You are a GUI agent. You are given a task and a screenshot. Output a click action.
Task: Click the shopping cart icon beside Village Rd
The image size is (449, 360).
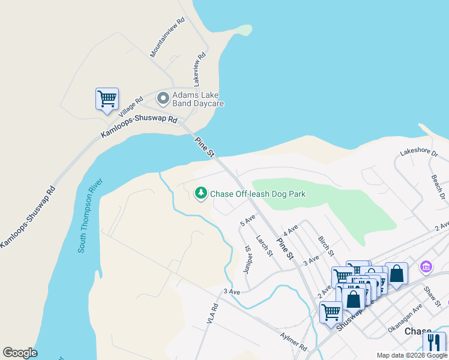107,99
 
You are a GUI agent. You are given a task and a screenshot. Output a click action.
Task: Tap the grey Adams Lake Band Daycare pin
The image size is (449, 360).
162,98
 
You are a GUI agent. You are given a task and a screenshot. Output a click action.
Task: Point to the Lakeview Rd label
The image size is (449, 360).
199,68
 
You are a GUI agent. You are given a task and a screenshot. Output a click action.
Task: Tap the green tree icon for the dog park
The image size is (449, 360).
201,193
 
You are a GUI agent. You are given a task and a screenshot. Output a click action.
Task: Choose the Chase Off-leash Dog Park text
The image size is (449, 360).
258,194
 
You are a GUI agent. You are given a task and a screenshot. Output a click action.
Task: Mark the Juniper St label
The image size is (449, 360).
247,259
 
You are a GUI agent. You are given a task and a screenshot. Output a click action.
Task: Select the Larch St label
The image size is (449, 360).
265,245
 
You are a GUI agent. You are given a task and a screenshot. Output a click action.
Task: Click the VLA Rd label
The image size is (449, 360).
212,314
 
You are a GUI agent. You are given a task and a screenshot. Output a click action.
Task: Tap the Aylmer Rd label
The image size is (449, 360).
294,340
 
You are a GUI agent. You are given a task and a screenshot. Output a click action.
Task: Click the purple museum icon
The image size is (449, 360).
426,266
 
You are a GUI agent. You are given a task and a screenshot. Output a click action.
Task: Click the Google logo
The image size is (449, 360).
20,352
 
